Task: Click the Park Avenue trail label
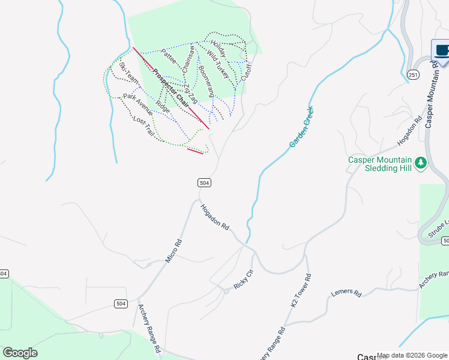coord(138,103)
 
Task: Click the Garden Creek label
coord(301,127)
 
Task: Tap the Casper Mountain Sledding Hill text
coord(380,164)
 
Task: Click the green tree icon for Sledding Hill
coord(421,162)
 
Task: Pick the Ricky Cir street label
coord(244,279)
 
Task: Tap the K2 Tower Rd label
coord(301,292)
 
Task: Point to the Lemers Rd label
coord(346,295)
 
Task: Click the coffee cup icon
coord(442,50)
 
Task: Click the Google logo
coord(20,353)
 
